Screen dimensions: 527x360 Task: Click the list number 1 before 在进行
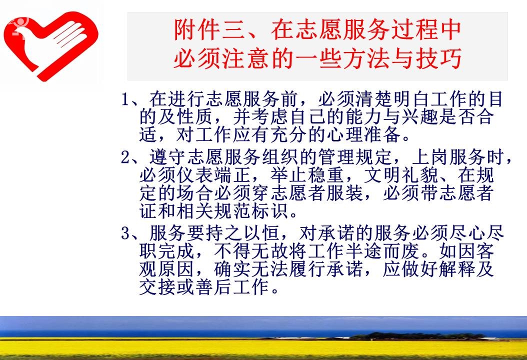[x=125, y=99]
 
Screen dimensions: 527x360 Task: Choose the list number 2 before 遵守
[x=125, y=157]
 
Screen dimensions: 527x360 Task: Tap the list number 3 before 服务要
[x=125, y=233]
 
